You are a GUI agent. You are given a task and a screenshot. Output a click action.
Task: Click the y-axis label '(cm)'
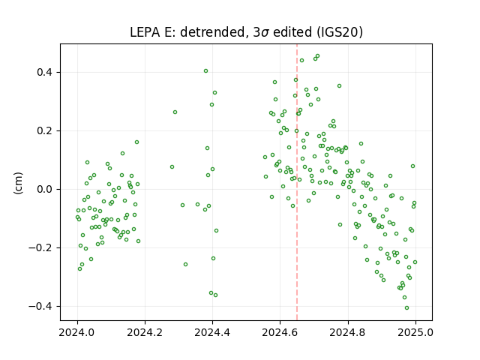[18, 183]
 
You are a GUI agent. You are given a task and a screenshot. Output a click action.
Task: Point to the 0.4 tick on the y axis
[44, 73]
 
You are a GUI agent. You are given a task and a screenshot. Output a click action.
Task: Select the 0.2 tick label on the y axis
[44, 131]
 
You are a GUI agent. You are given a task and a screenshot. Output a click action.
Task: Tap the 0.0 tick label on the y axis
[44, 190]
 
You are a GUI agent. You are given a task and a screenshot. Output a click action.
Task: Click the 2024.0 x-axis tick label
[77, 332]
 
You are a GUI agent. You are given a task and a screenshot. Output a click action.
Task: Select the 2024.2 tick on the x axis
[145, 332]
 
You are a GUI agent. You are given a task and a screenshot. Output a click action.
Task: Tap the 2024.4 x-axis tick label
[212, 332]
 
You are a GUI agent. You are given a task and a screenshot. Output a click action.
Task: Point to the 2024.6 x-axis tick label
[280, 332]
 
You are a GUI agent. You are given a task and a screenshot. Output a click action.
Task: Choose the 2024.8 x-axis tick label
[348, 332]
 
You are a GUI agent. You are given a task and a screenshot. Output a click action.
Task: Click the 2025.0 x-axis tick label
[415, 332]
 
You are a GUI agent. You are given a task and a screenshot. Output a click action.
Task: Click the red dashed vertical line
[297, 182]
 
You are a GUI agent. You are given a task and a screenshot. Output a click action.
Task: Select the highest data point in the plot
[317, 56]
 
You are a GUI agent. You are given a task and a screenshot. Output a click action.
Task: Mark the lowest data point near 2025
[406, 308]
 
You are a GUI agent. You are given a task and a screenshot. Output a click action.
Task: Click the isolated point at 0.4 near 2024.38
[205, 71]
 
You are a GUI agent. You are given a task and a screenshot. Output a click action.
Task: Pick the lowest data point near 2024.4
[215, 295]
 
